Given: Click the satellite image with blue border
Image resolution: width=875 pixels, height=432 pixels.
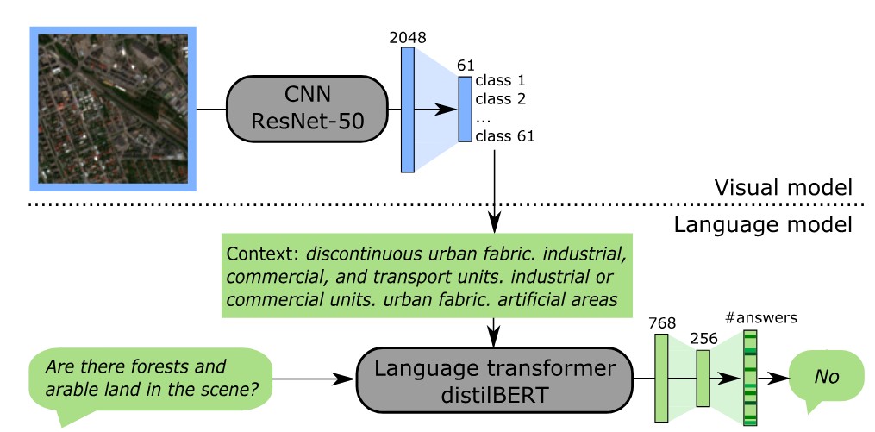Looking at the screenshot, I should [114, 109].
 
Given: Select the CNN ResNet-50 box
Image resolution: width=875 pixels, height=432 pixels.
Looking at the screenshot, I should [306, 110].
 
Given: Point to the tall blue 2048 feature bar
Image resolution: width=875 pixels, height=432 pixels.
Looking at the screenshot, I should [408, 110].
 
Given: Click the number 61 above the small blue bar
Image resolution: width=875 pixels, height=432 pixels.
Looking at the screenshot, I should [466, 66].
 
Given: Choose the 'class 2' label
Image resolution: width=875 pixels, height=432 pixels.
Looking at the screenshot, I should [500, 99].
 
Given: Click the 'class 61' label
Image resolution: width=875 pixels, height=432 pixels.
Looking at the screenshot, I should [504, 135].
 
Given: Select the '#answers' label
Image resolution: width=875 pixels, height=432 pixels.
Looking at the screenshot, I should [761, 317].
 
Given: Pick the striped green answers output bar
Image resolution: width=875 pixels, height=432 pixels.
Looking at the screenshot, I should [750, 379].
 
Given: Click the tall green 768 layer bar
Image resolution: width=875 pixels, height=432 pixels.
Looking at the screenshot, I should [661, 379].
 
